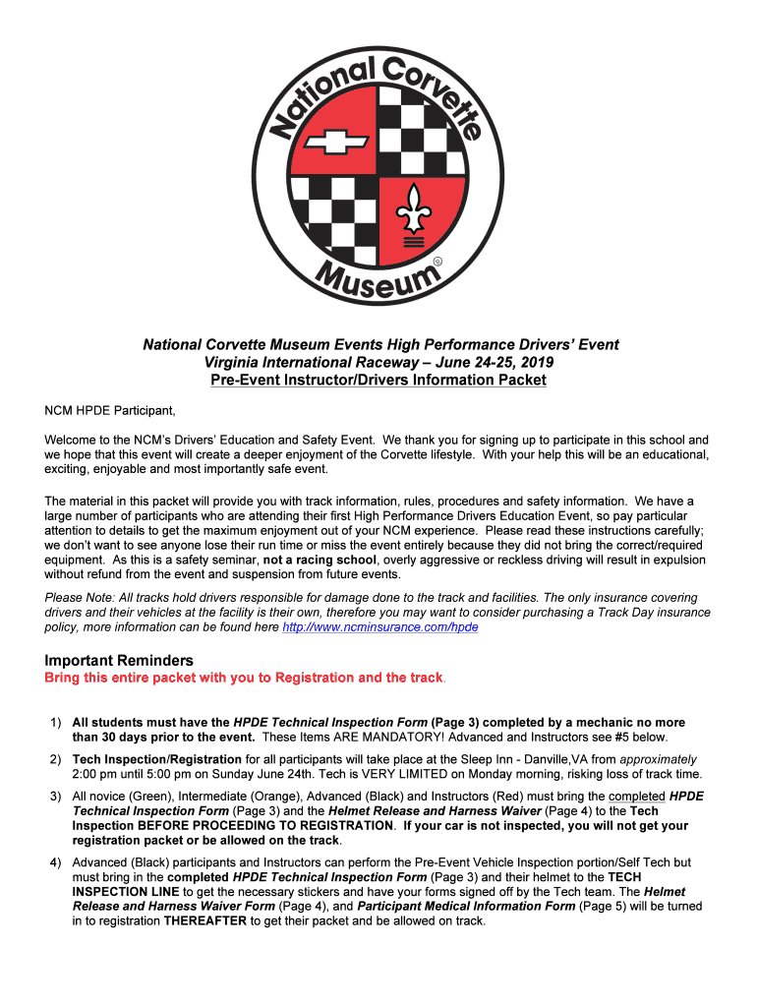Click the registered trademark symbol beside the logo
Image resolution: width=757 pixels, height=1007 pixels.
click(438, 261)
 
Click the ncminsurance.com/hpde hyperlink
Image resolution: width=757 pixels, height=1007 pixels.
click(379, 626)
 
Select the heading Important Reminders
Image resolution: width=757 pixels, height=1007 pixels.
click(119, 660)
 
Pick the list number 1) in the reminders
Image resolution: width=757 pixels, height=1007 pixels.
click(57, 723)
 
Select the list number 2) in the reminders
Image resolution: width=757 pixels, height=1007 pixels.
click(57, 759)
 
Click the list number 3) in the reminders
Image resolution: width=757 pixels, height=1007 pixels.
click(57, 797)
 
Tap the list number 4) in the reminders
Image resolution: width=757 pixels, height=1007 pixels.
click(57, 862)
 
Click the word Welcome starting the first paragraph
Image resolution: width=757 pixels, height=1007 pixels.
click(72, 440)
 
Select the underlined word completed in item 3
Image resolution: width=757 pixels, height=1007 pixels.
click(637, 797)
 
